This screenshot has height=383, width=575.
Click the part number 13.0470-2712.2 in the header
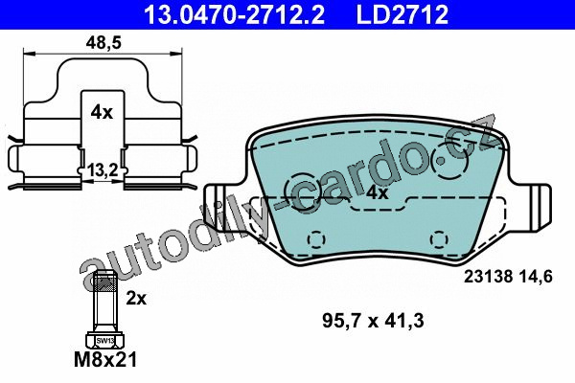tap(234, 14)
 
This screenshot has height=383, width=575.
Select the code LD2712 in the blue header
tap(402, 14)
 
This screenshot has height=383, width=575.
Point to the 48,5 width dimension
tap(103, 43)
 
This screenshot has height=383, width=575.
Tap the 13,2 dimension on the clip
tap(103, 170)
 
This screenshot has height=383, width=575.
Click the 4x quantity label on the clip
tap(102, 112)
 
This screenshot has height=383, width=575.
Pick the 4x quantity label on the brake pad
tap(377, 192)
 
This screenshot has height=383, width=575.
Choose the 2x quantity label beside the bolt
tap(136, 299)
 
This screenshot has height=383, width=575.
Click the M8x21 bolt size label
tap(105, 360)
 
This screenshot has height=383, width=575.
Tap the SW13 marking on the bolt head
tap(104, 341)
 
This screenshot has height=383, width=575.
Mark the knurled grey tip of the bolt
tap(105, 282)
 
